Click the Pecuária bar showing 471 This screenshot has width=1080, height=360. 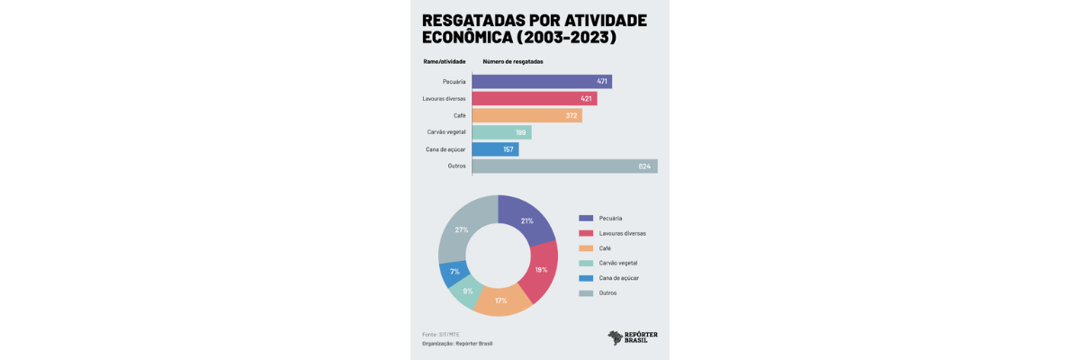coord(541,81)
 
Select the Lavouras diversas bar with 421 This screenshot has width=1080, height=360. coord(534,98)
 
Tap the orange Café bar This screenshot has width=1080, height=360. coord(526,115)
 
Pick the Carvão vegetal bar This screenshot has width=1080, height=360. coord(501,132)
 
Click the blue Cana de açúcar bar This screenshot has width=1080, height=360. coord(495,149)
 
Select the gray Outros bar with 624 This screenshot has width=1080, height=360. coord(564,166)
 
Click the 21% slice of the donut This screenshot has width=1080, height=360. coord(527,220)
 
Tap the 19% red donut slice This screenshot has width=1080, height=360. coord(541,270)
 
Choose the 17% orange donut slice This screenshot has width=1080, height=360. coord(501,301)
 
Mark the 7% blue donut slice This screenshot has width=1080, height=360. coord(454,272)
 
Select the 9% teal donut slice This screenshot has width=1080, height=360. coord(468,292)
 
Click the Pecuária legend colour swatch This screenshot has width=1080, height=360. coord(586,219)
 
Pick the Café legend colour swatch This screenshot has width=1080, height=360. coord(586,247)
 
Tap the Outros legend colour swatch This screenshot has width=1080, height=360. coord(586,292)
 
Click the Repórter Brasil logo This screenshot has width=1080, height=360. coord(633,337)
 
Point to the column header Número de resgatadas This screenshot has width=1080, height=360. coord(513,61)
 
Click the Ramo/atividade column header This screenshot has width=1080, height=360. coord(445,61)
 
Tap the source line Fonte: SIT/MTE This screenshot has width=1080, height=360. coord(441,334)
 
